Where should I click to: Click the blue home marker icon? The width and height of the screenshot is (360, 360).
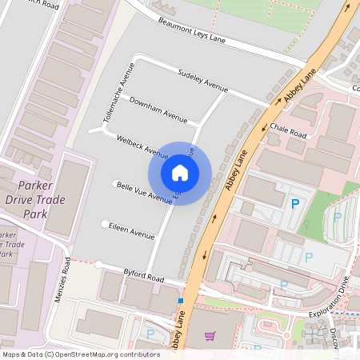pyautogui.click(x=180, y=172)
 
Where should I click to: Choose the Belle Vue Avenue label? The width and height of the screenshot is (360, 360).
pyautogui.click(x=144, y=192)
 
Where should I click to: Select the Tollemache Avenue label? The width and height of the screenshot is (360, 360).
pyautogui.click(x=113, y=94)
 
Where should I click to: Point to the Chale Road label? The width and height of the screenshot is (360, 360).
pyautogui.click(x=288, y=129)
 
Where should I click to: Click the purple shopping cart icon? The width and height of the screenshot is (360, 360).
pyautogui.click(x=210, y=337)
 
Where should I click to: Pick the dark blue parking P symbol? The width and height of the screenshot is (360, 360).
pyautogui.click(x=295, y=205)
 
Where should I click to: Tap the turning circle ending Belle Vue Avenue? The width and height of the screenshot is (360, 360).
pyautogui.click(x=116, y=182)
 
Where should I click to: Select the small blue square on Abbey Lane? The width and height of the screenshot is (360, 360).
pyautogui.click(x=181, y=302)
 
